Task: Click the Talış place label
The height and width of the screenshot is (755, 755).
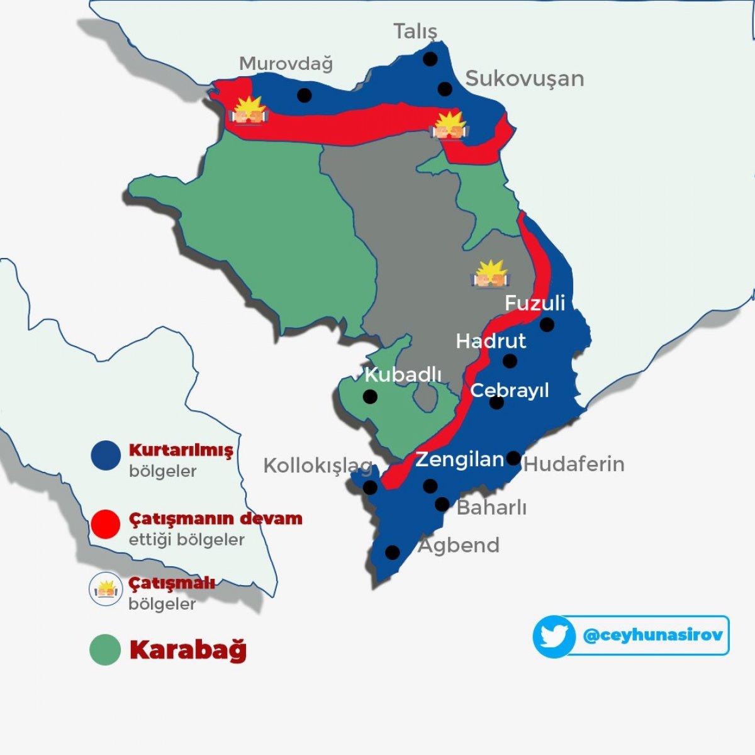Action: (x=415, y=31)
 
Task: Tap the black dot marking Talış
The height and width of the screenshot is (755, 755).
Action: (x=430, y=59)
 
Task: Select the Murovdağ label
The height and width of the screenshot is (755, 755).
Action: (x=286, y=64)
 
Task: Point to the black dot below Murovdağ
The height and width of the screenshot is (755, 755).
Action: (x=305, y=95)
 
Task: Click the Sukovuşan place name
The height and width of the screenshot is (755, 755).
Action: (x=524, y=79)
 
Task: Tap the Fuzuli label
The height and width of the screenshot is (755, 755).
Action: (x=535, y=303)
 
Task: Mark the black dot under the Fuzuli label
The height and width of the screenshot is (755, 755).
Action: (x=547, y=325)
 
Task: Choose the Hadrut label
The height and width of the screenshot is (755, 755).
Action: (x=491, y=341)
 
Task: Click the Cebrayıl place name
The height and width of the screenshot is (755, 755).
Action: (x=510, y=390)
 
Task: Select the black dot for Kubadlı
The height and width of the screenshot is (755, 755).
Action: (x=370, y=397)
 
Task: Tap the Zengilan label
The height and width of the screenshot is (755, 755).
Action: (x=460, y=460)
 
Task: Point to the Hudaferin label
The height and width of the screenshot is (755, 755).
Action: (x=574, y=464)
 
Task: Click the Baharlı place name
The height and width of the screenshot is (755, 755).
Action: (x=491, y=507)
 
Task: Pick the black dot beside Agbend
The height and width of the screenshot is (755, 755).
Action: (x=392, y=552)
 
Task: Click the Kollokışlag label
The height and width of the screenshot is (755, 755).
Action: (x=318, y=466)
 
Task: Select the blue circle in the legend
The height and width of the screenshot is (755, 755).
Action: (x=106, y=455)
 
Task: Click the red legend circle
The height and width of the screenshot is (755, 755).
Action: (x=105, y=523)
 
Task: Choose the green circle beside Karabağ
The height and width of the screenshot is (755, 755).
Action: (x=105, y=650)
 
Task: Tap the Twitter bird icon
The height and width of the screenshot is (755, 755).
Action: (x=554, y=637)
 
